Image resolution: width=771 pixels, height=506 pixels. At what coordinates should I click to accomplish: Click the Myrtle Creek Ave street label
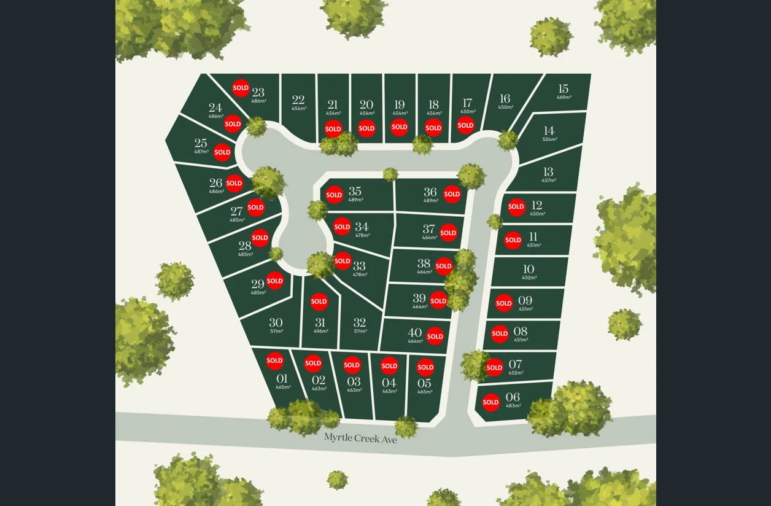(360, 438)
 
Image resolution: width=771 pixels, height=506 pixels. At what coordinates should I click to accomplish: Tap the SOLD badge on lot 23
(241, 88)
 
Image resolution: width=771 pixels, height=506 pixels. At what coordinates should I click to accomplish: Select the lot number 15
(564, 88)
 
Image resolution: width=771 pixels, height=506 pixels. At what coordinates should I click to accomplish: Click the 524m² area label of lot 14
(549, 139)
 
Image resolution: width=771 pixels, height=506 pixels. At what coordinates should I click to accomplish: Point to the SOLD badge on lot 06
(490, 403)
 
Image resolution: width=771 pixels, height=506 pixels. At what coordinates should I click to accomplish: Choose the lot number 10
(529, 269)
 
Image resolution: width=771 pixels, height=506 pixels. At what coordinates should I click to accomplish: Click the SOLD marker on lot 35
(334, 195)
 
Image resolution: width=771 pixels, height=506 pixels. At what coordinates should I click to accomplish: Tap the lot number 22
(298, 99)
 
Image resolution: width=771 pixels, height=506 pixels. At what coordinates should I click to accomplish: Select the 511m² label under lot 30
(276, 332)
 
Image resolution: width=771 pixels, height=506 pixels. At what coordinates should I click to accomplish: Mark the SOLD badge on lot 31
(319, 302)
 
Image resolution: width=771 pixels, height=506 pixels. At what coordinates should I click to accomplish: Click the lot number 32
(360, 322)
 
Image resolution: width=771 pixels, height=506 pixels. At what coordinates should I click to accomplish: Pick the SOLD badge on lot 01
(274, 360)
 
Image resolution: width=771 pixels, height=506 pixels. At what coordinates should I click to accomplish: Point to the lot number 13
(548, 171)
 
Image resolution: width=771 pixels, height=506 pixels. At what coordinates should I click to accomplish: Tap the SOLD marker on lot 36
(452, 194)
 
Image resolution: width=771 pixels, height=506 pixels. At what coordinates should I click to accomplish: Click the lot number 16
(505, 98)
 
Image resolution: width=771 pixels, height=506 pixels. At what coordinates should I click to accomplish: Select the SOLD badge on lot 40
(435, 336)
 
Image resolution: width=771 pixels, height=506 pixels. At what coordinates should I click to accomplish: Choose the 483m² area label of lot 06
(513, 405)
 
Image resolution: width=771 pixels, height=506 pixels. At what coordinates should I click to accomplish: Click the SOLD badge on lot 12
(516, 206)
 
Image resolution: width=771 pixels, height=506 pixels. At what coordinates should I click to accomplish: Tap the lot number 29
(258, 284)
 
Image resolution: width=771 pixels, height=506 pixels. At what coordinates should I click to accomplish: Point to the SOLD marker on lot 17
(465, 125)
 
